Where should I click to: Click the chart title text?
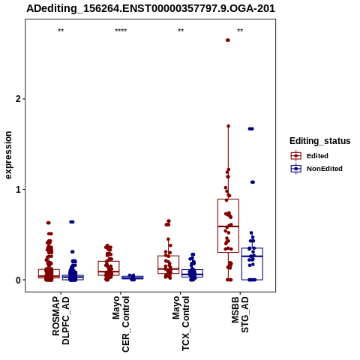point(151,9)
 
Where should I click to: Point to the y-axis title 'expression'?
point(8,155)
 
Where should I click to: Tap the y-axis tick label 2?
point(18,99)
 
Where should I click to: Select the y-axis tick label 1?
point(18,190)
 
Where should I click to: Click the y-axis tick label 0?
point(18,280)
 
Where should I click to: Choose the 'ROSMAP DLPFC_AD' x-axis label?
point(61,320)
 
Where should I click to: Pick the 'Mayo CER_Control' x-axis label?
point(121,324)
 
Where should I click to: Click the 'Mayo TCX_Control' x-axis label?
point(181,324)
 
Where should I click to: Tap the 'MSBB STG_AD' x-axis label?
point(240,314)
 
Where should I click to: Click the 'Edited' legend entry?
point(310,156)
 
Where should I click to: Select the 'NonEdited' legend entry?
point(316,169)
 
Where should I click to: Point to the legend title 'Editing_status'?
point(319,141)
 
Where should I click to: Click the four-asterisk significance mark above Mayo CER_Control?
point(121,31)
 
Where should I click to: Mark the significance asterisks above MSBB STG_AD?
point(240,31)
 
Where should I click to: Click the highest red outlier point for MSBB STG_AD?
point(228,40)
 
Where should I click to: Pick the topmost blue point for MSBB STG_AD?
point(250,129)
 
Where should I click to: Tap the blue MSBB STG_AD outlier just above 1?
point(253,182)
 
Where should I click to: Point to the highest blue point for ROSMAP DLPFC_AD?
point(72,222)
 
